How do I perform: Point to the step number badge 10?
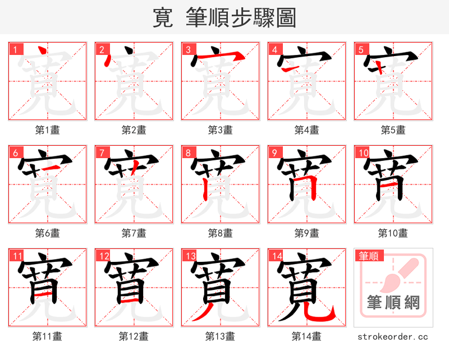tap(363, 153)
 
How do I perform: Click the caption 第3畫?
tap(220, 130)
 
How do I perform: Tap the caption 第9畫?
tap(306, 233)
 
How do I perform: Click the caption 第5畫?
tap(393, 130)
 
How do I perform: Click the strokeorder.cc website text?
tap(393, 336)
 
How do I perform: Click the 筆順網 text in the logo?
tap(393, 303)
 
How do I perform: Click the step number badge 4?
tap(274, 49)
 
